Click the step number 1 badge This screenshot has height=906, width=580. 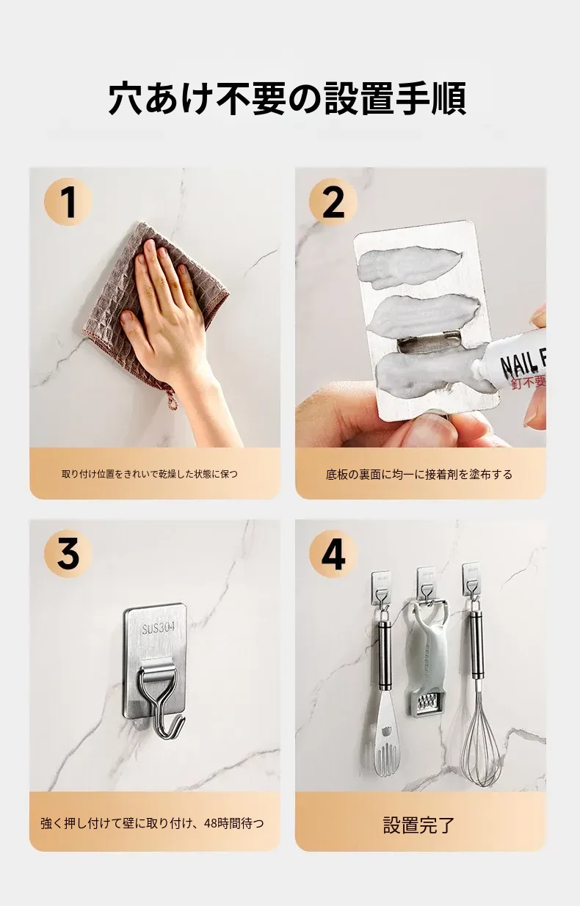[x=68, y=202]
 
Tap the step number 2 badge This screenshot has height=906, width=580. [x=333, y=202]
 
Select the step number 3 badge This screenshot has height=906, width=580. [x=68, y=554]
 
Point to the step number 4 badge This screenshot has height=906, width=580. [x=333, y=554]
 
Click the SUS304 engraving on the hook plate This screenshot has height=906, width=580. [x=159, y=628]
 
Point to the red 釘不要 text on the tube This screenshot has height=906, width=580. [x=528, y=381]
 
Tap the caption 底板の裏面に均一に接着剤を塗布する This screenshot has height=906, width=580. [x=419, y=474]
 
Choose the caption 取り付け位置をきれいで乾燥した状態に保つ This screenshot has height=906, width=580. [x=149, y=474]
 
